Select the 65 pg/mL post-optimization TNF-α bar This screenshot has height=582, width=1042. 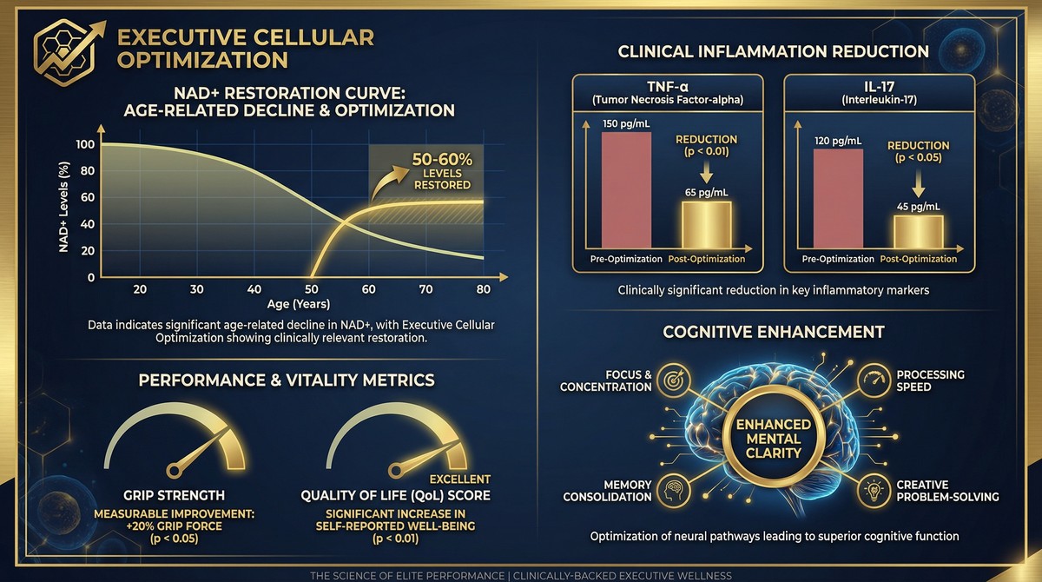[705, 226]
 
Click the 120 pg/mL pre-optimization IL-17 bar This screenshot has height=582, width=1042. [838, 199]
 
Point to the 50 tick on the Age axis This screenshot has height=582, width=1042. [312, 289]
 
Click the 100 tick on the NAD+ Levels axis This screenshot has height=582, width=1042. [84, 144]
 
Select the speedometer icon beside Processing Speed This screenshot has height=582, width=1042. [872, 380]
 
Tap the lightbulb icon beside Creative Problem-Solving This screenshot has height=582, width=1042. [872, 491]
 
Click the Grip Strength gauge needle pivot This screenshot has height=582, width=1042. [173, 470]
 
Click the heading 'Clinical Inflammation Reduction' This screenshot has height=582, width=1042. [773, 51]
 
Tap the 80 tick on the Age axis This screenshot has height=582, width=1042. [483, 289]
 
